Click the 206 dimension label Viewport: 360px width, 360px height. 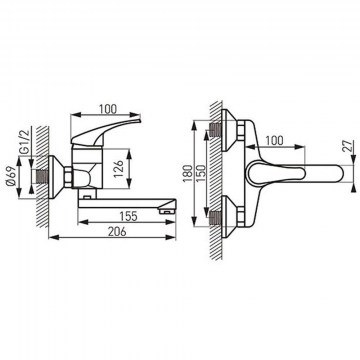tap(117, 231)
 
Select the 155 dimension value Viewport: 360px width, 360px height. tap(128, 216)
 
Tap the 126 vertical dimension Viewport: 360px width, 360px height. tap(119, 170)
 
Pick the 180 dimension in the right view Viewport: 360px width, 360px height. tap(188, 173)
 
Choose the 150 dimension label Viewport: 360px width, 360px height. tap(201, 173)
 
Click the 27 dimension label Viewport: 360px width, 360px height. tap(347, 146)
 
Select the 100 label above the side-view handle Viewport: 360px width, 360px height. tap(108, 109)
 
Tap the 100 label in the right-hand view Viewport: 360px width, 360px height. tap(274, 141)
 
